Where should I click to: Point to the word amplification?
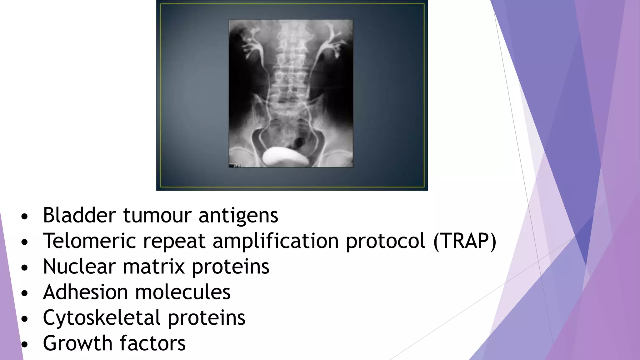click(x=276, y=241)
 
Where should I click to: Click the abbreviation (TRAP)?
click(x=465, y=241)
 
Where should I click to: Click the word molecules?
click(x=183, y=292)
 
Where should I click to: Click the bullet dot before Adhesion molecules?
click(x=25, y=293)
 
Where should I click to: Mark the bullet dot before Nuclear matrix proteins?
click(x=25, y=267)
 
